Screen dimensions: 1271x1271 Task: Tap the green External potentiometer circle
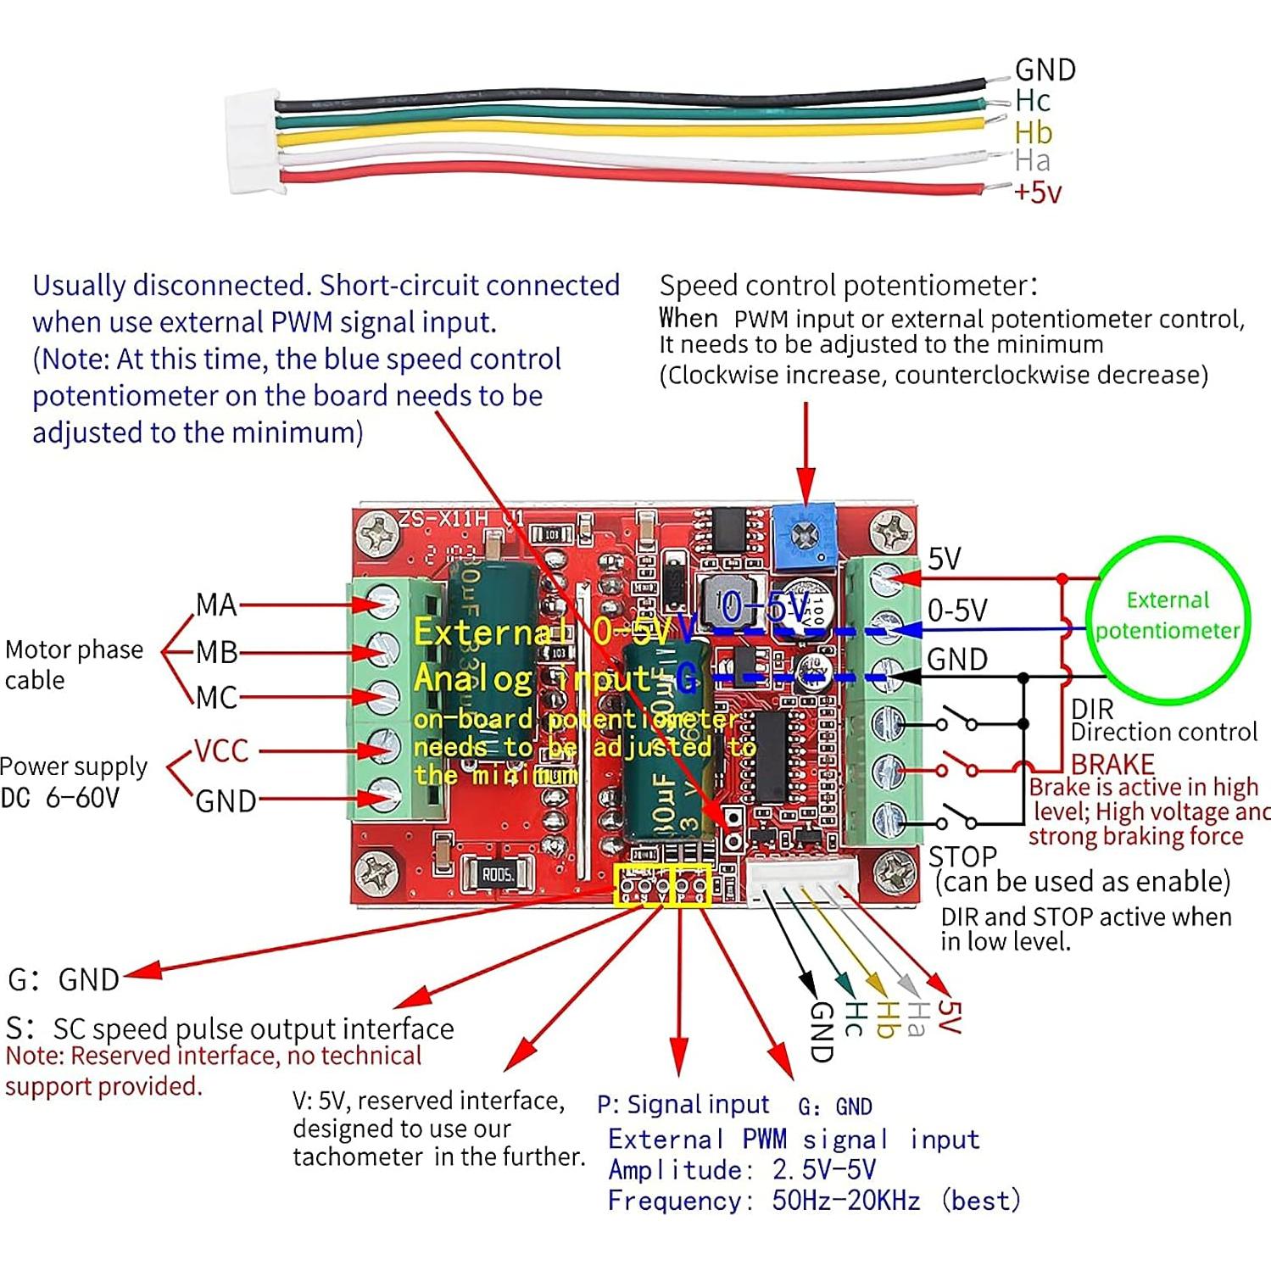[1167, 616]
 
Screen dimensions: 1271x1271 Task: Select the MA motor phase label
[215, 605]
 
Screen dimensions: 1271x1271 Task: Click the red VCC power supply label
[221, 751]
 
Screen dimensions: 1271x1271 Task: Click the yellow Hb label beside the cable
[1033, 132]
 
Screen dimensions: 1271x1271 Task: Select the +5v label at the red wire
[1038, 192]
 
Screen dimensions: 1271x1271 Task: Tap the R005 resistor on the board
[498, 874]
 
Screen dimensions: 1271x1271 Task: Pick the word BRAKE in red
[1112, 763]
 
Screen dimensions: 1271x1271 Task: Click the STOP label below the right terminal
[962, 856]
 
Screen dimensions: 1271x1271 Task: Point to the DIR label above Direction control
[1091, 709]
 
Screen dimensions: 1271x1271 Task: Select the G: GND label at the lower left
[64, 979]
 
